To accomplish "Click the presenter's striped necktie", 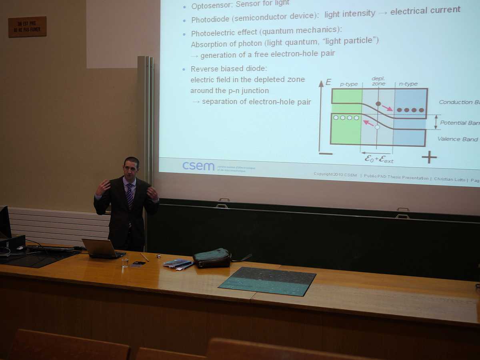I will pyautogui.click(x=130, y=196).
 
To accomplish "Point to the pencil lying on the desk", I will pyautogui.click(x=144, y=257).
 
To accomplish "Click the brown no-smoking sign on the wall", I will pyautogui.click(x=27, y=27).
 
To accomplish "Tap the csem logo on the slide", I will pyautogui.click(x=198, y=166).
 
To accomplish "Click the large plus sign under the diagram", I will pyautogui.click(x=429, y=157).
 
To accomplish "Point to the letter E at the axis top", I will pyautogui.click(x=328, y=82).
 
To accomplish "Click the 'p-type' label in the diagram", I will pyautogui.click(x=348, y=84).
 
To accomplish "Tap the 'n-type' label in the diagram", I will pyautogui.click(x=408, y=84).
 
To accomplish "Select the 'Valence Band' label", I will pyautogui.click(x=458, y=139).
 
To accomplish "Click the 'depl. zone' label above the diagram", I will pyautogui.click(x=378, y=81).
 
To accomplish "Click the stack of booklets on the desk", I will pyautogui.click(x=177, y=263).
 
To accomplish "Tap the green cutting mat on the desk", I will pyautogui.click(x=268, y=281).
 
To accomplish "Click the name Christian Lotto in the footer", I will pyautogui.click(x=450, y=179).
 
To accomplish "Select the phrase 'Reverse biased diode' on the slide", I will pyautogui.click(x=228, y=69).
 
